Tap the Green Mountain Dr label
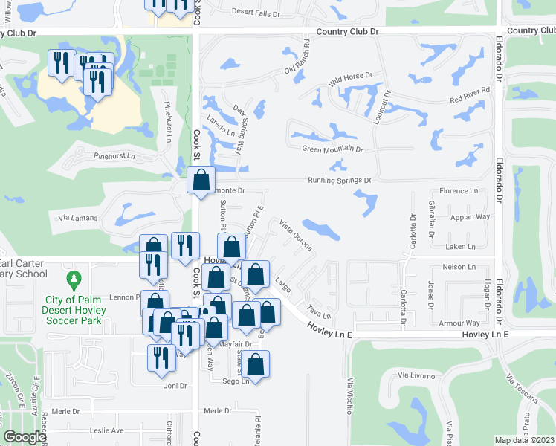[332, 149]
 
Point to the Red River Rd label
[470, 91]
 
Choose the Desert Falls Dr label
[256, 12]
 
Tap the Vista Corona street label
[296, 233]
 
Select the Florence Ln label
[459, 191]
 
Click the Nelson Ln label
[459, 267]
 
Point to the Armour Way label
[459, 323]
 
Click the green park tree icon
[74, 281]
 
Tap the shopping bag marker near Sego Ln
[255, 364]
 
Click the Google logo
[25, 437]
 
